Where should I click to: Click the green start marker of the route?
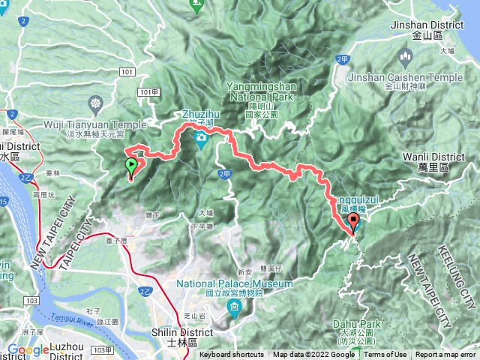tap(131, 165)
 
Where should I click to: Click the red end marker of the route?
tap(353, 223)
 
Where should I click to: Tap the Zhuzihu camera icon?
tap(201, 138)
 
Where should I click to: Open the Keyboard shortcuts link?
tap(232, 355)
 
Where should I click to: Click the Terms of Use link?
tap(385, 355)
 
